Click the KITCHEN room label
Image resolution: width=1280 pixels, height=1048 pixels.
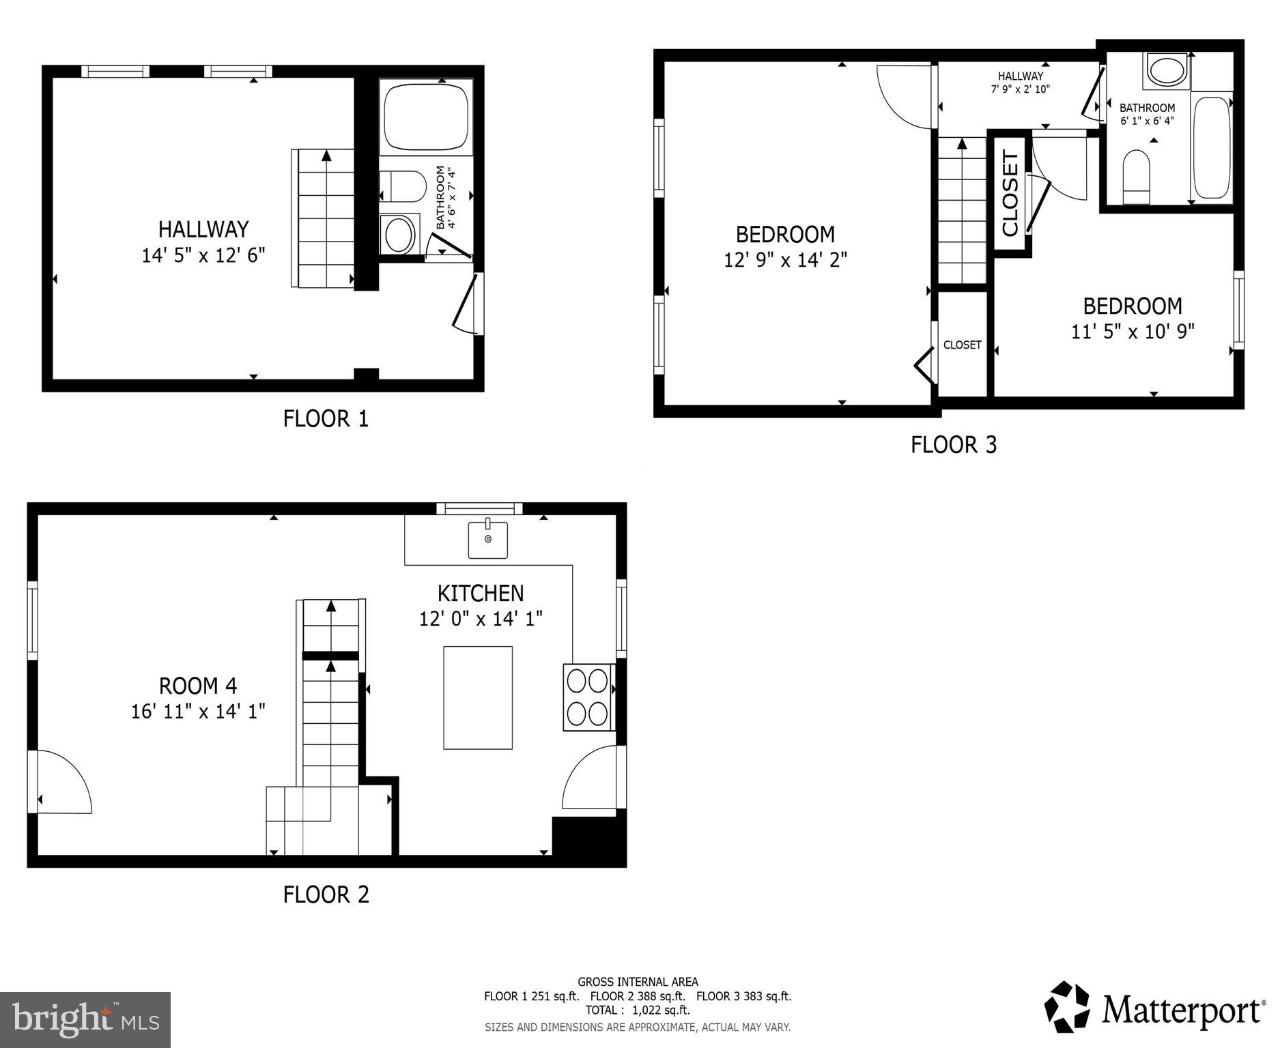481,593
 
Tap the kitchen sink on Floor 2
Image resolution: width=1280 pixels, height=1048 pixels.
488,540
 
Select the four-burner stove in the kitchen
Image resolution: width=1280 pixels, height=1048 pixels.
588,697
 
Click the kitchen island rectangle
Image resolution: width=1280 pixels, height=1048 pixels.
478,697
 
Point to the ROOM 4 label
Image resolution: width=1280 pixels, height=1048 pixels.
198,685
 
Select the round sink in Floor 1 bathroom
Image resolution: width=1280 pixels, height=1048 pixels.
399,235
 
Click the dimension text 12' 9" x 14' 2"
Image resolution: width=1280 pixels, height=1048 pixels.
785,261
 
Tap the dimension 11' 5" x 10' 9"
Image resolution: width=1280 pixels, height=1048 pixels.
1133,332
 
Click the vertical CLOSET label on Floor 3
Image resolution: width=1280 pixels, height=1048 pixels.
1010,193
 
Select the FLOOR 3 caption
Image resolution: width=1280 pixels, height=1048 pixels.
954,445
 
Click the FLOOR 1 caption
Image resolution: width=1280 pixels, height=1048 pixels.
326,418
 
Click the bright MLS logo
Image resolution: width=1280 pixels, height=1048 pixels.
85,1019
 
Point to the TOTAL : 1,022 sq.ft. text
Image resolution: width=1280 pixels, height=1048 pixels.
637,1010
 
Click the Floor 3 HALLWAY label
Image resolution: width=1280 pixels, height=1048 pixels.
1020,76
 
